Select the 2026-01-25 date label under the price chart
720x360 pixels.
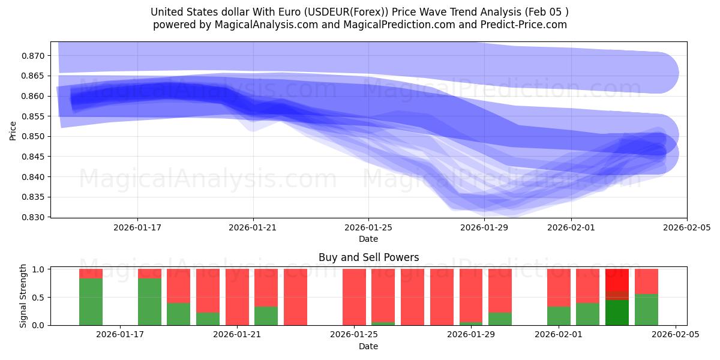368,227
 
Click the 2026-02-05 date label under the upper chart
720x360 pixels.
686,227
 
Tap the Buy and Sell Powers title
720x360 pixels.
368,258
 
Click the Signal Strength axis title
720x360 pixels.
23,296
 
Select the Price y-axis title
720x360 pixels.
13,130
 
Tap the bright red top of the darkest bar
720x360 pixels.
617,280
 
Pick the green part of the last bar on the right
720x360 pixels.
646,310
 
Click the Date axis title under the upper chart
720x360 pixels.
368,239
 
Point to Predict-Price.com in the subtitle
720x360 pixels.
523,25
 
